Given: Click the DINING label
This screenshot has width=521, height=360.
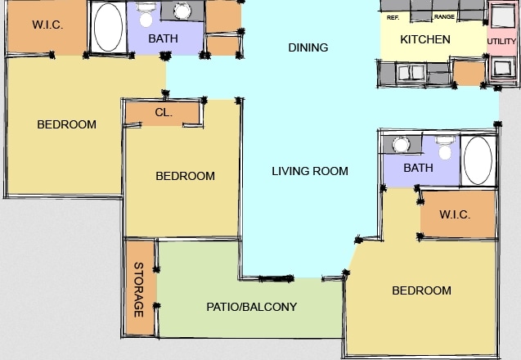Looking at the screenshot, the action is pos(308,47).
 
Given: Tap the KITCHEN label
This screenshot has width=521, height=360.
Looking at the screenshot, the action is pos(425,39).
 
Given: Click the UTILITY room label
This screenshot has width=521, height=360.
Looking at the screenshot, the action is pos(501,42).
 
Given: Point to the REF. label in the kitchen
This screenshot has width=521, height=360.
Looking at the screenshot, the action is pos(393,18).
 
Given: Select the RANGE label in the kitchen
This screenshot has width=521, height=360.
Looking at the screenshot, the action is pos(444,16).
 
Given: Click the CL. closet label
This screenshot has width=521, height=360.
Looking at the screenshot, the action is pos(164,112).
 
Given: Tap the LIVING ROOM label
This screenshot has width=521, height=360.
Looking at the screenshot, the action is pos(310,171).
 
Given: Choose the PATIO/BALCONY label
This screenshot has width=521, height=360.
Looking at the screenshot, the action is pos(252,307).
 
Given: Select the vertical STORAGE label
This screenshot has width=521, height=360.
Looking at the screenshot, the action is pos(139,290).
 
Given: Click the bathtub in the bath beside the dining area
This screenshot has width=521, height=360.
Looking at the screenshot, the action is pos(108,27).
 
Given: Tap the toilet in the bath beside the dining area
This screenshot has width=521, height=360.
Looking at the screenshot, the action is pos(146,15).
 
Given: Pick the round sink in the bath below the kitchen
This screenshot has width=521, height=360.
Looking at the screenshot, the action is pos(401,145).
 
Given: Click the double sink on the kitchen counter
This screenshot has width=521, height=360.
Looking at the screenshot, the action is pos(412,72).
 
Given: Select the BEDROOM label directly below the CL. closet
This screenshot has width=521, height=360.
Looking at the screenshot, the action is pos(185,176).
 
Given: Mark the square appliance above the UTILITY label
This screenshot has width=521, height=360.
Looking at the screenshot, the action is pos(503,16).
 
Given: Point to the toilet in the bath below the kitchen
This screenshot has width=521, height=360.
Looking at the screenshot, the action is pos(444,147).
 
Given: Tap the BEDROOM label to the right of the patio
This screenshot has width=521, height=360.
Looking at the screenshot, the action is pos(422,290).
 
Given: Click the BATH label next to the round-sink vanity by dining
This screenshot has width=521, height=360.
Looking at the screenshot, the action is pos(163,38).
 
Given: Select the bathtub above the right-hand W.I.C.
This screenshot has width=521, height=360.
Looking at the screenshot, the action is pos(478,160).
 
